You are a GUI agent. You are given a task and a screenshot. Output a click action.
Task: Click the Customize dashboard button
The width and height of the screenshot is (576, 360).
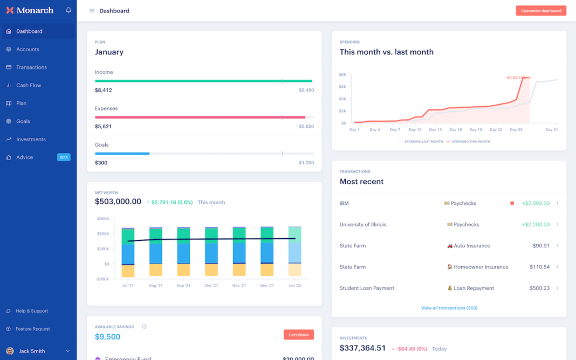pos(541,11)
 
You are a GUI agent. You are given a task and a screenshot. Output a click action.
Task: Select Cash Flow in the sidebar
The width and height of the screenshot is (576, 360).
pos(29,85)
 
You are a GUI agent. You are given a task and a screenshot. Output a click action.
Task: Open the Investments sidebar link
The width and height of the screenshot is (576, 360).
pos(31,139)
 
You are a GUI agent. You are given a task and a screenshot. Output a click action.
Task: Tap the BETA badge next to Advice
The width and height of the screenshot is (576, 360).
pos(64,157)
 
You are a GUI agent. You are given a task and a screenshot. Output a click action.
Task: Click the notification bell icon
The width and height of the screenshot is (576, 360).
pos(68,10)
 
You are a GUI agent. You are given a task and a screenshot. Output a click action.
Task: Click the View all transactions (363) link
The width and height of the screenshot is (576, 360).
pos(449,308)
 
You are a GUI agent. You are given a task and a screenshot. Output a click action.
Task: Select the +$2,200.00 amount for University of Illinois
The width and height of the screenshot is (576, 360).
pos(536,224)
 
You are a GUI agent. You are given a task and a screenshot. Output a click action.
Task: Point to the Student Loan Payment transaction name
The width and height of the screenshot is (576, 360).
pos(367,288)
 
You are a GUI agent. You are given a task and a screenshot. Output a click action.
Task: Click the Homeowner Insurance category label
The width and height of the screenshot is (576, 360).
pos(481,267)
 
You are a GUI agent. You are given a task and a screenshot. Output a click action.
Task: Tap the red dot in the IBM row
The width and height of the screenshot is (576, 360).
pos(512,203)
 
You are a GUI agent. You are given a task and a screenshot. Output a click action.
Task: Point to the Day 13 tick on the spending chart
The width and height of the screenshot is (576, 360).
pos(435,130)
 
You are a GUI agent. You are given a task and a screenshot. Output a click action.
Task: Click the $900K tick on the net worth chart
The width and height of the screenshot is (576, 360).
pos(102,218)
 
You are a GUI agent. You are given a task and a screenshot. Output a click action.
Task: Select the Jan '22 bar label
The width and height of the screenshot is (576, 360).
pos(294,286)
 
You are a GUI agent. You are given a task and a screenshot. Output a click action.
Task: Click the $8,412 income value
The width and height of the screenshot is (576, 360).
pos(104,90)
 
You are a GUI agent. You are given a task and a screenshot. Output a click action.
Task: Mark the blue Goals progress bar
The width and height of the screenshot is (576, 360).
pos(122,154)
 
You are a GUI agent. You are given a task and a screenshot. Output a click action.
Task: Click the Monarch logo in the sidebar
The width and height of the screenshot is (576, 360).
pos(30,10)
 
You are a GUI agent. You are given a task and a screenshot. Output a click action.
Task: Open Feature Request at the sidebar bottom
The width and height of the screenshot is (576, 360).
pos(32,329)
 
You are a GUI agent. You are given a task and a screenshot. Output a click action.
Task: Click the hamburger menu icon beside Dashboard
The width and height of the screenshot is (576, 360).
pos(92,11)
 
